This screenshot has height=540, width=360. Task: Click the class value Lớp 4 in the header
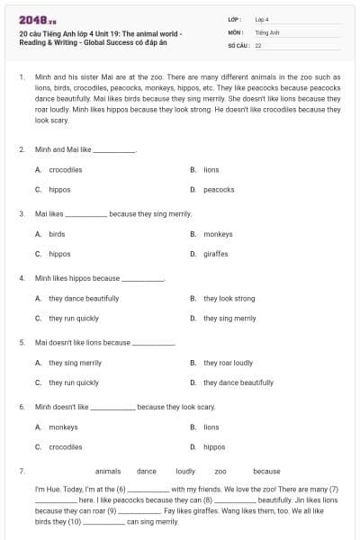[262, 19]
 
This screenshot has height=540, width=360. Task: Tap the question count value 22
[258, 44]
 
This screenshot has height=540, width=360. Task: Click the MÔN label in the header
[236, 31]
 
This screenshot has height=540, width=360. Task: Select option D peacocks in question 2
[219, 190]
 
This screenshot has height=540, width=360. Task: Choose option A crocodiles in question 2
[65, 169]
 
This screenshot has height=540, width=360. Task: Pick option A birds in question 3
[57, 234]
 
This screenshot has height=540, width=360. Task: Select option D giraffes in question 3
[216, 254]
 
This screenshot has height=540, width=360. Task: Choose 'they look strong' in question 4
[229, 299]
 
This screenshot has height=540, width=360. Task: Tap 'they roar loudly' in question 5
[228, 363]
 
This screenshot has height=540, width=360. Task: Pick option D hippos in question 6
[214, 446]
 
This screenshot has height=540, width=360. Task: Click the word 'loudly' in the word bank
[185, 471]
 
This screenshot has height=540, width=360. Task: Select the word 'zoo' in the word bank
[220, 471]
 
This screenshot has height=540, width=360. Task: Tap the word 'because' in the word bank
[266, 471]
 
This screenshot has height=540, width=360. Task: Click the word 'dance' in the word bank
[147, 471]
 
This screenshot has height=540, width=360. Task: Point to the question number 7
[22, 471]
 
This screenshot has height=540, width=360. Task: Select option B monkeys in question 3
[218, 234]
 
